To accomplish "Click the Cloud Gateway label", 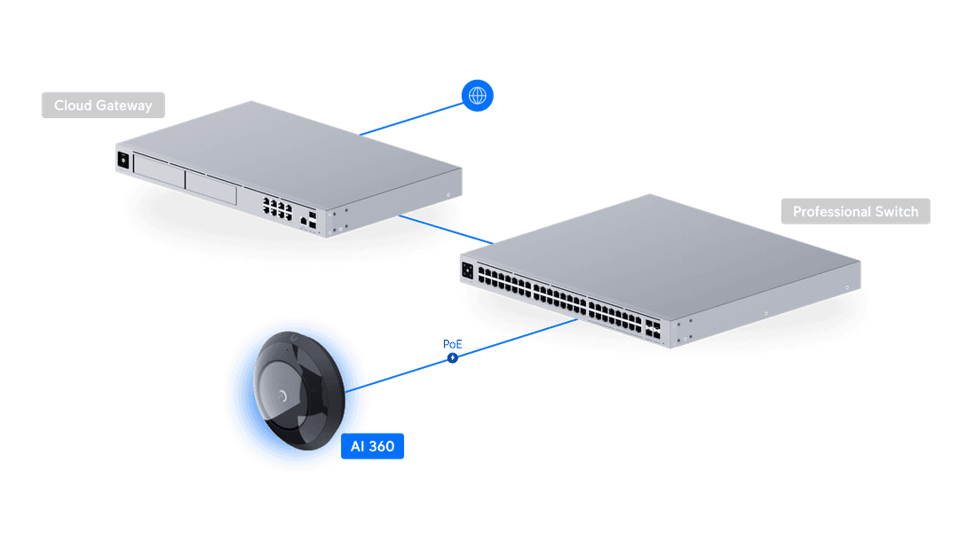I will pos(103,106).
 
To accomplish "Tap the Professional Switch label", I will pos(855,212).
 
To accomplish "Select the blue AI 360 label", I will pos(373,446).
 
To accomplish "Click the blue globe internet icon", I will pos(478,95).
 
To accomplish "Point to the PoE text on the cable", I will pos(453,344).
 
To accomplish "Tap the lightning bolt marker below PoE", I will pos(454,357).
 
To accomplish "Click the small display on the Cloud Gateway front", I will pos(123,161).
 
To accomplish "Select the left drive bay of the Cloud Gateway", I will pos(158,173).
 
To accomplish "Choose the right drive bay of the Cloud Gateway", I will pos(211,188).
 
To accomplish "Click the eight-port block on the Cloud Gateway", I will pos(278,207).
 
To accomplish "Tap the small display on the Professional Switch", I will pos(467,269).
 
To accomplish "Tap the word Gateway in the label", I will pos(125,106).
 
